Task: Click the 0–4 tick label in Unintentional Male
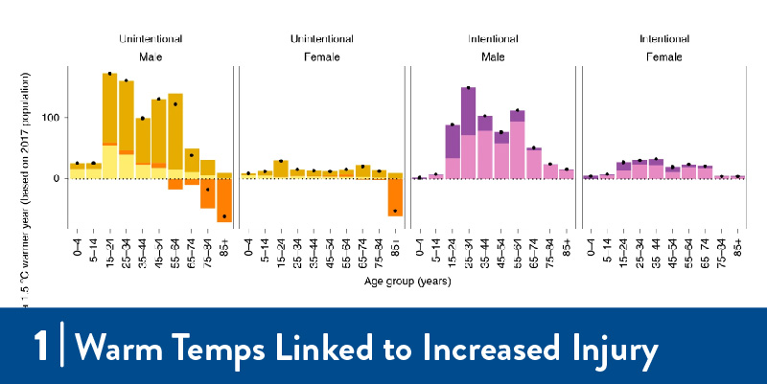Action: (78, 248)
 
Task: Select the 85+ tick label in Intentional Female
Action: (738, 248)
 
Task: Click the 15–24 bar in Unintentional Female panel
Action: (280, 169)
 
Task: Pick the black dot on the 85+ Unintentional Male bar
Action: (223, 216)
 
